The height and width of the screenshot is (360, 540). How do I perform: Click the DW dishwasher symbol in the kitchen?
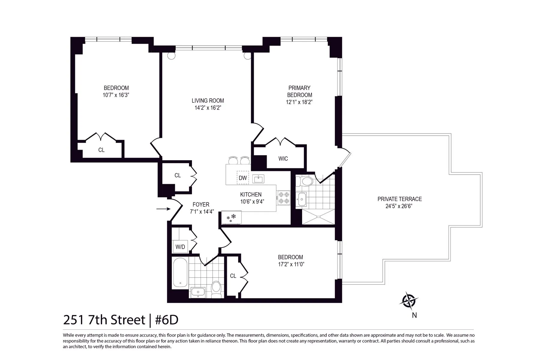[x=243, y=178]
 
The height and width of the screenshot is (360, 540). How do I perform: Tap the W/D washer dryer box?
[x=180, y=247]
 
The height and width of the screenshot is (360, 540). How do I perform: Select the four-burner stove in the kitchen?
[x=283, y=198]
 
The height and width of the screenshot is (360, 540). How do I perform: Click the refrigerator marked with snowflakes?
[x=231, y=217]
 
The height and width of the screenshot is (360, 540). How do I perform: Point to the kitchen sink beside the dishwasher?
[x=258, y=179]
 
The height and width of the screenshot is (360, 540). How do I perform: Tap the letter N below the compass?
[x=414, y=315]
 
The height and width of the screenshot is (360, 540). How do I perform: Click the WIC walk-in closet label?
[x=283, y=159]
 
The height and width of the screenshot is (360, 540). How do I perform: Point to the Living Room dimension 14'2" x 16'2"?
[x=208, y=108]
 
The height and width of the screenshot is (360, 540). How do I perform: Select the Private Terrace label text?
[x=399, y=199]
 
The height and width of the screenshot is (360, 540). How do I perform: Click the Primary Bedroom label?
[x=299, y=91]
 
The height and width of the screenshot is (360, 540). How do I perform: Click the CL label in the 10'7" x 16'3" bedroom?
[x=101, y=150]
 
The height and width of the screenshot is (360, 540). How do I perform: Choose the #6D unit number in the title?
[x=167, y=320]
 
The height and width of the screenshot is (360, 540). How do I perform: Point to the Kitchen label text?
[x=251, y=195]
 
